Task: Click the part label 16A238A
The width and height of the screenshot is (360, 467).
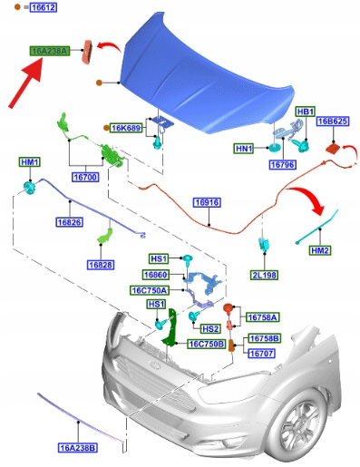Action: (x=50, y=51)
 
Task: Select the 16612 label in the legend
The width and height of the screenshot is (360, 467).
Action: (x=44, y=7)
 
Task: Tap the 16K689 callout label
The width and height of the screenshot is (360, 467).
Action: (x=126, y=128)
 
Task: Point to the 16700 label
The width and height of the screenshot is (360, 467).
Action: (x=85, y=177)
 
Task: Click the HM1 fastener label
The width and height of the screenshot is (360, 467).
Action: (x=30, y=162)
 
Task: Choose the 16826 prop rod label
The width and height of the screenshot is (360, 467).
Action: (x=70, y=222)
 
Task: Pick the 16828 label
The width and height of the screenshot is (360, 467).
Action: (x=101, y=265)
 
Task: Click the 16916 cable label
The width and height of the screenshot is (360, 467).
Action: (x=207, y=202)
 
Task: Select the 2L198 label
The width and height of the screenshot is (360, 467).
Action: (x=264, y=275)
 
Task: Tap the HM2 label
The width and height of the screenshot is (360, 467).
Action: (x=320, y=250)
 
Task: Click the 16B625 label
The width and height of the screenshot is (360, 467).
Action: (x=333, y=122)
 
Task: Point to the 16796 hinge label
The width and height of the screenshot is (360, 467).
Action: (x=283, y=165)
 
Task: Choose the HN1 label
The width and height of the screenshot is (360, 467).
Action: (x=244, y=149)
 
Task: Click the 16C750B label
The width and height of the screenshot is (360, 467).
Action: (x=207, y=344)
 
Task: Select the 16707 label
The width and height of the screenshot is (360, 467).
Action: (x=262, y=353)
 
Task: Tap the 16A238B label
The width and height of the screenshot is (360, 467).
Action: (x=78, y=447)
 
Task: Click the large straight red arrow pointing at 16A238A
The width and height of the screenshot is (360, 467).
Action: (x=26, y=83)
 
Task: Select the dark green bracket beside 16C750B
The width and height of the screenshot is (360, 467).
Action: (x=171, y=329)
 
